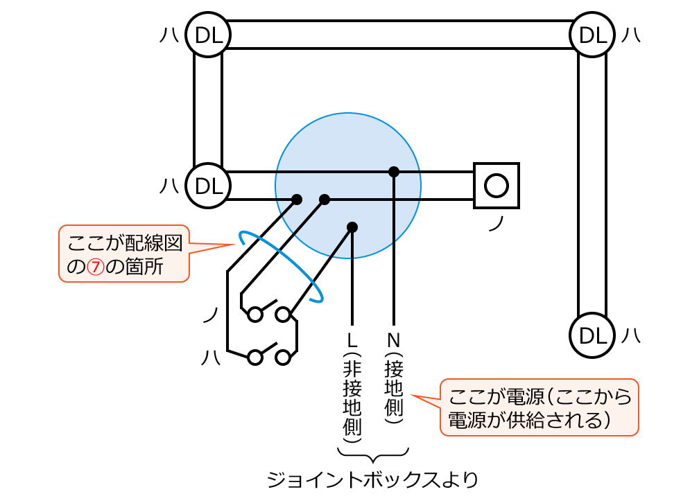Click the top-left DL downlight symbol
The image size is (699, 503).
[208, 35]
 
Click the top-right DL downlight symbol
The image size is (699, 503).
[592, 35]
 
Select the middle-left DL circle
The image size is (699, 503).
[208, 186]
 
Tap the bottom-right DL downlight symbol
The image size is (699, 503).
[592, 335]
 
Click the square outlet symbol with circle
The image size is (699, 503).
[497, 186]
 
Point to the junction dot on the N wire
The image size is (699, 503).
[394, 171]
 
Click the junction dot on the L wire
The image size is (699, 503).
[352, 227]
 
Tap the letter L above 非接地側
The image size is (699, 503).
[352, 340]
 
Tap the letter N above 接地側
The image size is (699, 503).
[394, 340]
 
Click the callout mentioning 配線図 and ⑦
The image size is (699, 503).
[124, 254]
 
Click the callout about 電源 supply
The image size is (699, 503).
[539, 407]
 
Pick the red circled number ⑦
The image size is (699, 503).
[96, 267]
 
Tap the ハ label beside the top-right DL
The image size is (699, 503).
[630, 35]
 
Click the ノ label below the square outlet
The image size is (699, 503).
[495, 224]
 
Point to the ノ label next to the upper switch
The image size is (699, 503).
[211, 315]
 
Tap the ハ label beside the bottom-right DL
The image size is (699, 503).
[630, 335]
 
